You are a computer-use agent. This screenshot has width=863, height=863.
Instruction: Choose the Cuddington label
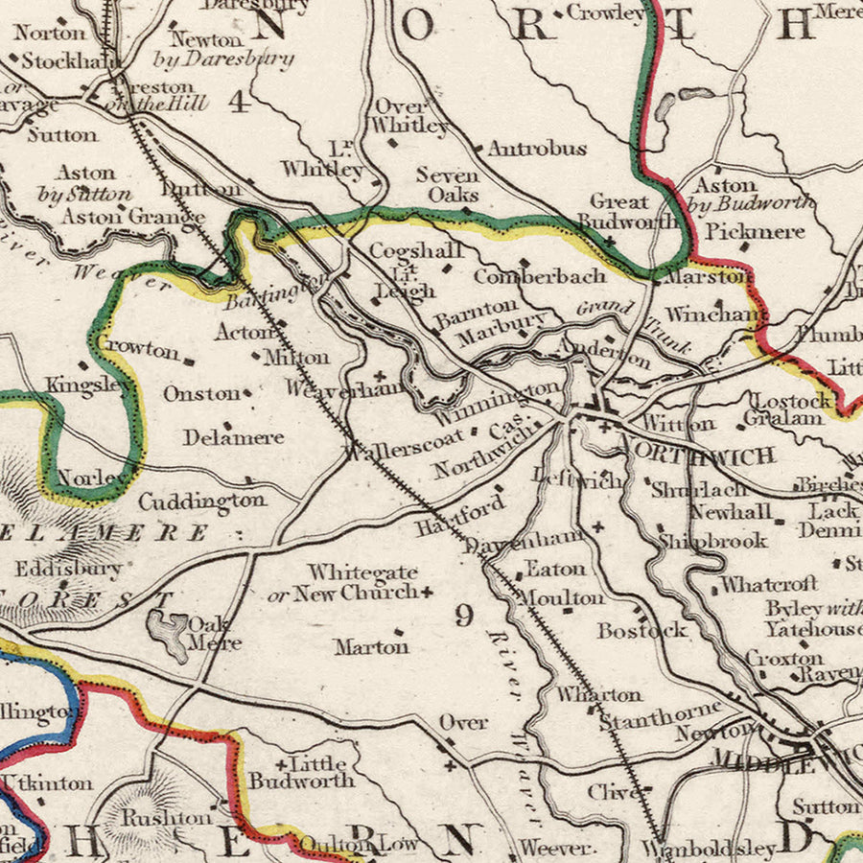202,501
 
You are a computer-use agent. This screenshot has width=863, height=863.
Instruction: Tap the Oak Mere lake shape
169,633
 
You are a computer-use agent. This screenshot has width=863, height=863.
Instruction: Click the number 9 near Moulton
464,617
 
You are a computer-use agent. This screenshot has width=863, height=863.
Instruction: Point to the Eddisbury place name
68,569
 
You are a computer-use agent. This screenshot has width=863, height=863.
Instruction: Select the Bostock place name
642,630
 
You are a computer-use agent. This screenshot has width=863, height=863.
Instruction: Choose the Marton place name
371,647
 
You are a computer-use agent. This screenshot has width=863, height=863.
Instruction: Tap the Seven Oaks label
448,184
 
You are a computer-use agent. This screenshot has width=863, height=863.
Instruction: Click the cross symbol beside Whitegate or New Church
427,592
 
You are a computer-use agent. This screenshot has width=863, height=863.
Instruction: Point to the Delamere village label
234,437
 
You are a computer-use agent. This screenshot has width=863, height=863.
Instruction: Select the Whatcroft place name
769,583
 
